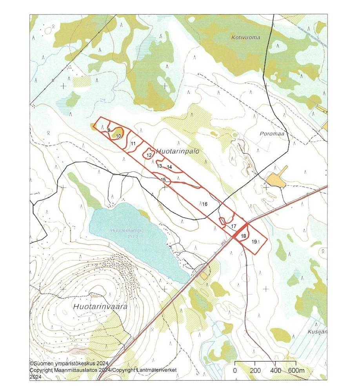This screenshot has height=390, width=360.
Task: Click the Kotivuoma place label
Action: coord(246,37)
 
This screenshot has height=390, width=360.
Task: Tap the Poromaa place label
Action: coord(271,133)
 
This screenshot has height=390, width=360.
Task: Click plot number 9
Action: coord(108,130)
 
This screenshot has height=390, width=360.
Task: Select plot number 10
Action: coord(118,136)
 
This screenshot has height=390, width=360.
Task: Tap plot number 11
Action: coord(133,144)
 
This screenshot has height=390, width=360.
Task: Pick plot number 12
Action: coord(149,155)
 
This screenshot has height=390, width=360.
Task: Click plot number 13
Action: coord(159,166)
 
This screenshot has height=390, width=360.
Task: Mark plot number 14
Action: coord(169,167)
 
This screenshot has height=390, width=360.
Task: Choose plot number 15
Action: coord(164,180)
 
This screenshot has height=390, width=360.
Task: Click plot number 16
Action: coord(204,204)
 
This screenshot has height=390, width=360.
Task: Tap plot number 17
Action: coord(233,226)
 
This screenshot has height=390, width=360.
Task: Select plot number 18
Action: coord(244,236)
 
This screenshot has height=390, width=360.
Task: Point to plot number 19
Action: coord(254,242)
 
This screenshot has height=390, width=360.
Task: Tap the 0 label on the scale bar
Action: coord(235,370)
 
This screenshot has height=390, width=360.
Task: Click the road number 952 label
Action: coord(223,243)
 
